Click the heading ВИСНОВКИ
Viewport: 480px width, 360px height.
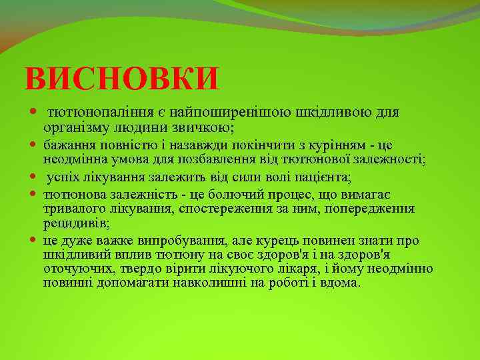coord(121,79)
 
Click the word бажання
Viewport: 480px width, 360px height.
coord(67,145)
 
